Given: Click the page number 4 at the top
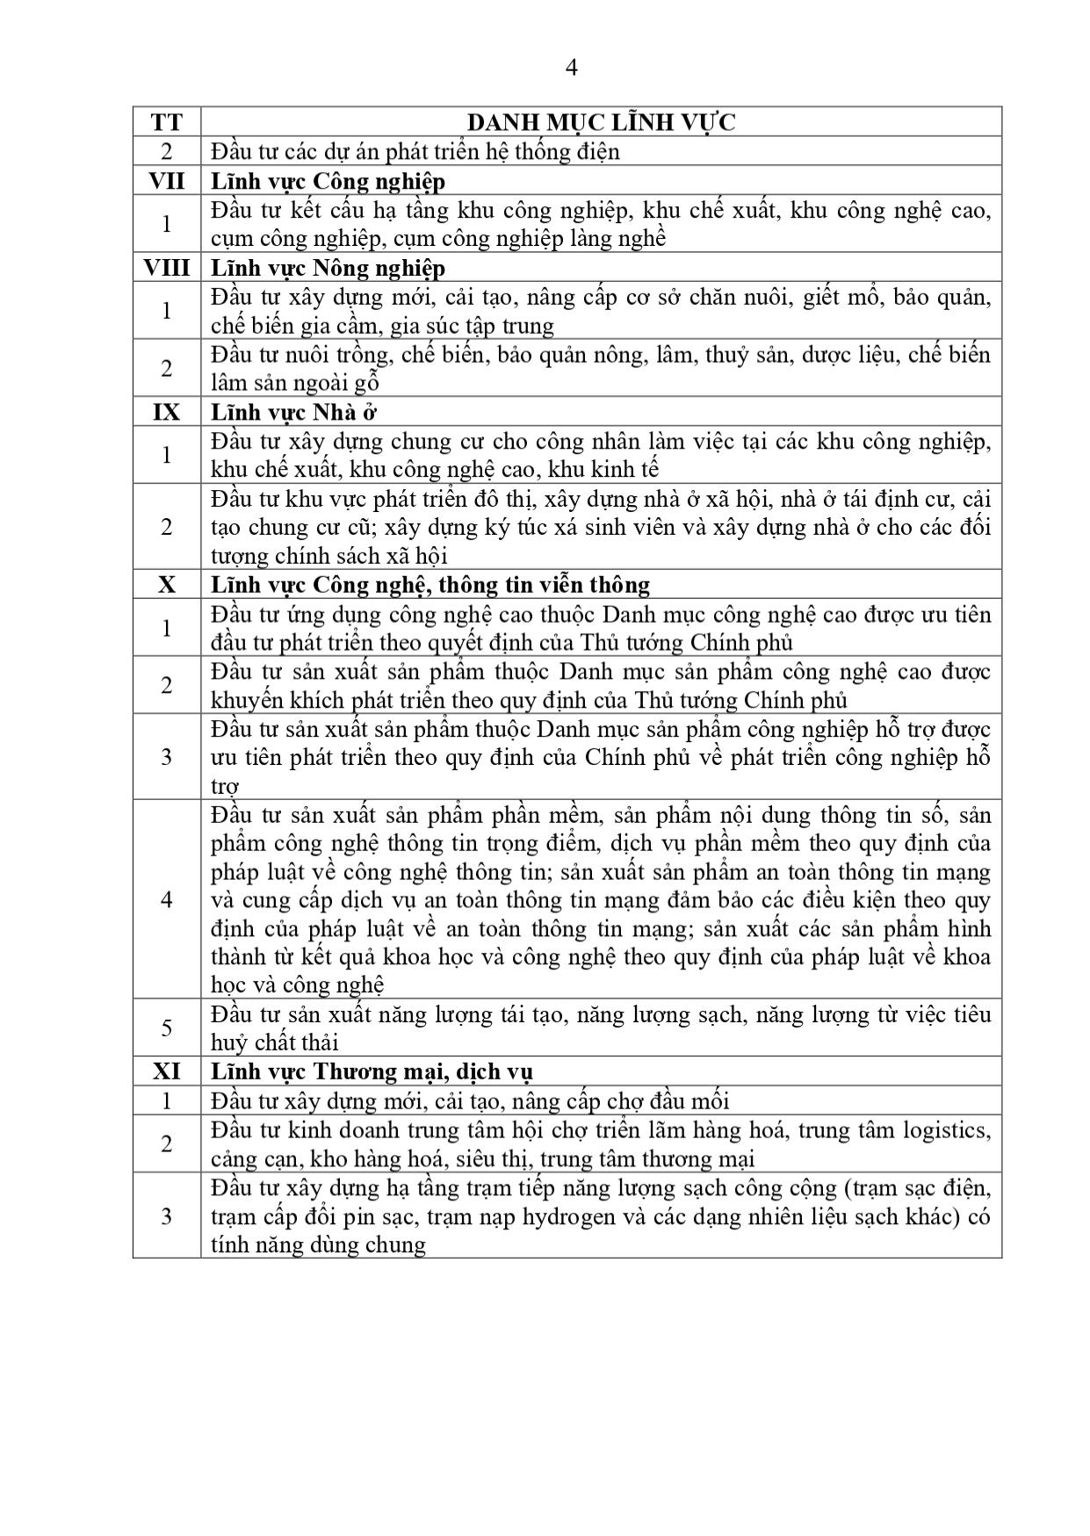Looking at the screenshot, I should (572, 68).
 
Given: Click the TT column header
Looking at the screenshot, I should (167, 122).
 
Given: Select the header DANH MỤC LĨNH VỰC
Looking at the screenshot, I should (601, 122).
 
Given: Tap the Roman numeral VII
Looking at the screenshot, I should (167, 181).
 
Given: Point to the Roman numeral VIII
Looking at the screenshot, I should (167, 267).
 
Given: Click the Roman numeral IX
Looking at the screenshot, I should (167, 412).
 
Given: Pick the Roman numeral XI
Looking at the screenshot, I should (167, 1071).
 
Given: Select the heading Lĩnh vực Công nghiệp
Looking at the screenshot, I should (328, 181).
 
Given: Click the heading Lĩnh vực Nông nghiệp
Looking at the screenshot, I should (328, 267).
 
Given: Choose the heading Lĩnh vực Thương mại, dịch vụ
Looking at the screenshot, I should (372, 1071).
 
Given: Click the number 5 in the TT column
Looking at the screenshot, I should (167, 1028).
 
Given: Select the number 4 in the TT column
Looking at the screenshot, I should (167, 899).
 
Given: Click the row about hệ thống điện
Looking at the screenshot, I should (415, 152).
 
